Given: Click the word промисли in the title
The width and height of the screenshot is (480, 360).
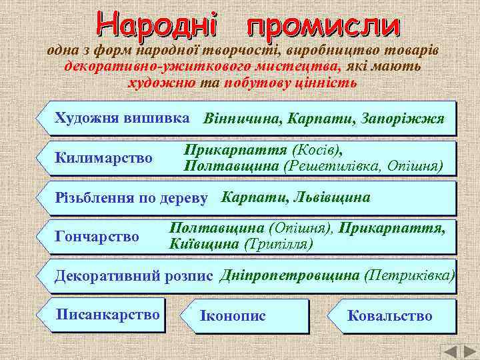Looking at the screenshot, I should click(x=323, y=25).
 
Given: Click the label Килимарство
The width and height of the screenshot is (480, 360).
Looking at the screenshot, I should click(x=104, y=159).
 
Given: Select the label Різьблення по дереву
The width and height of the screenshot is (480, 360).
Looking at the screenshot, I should click(x=131, y=198).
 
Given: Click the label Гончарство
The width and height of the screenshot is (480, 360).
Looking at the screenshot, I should click(x=97, y=237).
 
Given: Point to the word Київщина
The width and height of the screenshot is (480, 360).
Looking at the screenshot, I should click(x=205, y=244).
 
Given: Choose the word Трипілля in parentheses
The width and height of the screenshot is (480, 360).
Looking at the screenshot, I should click(x=279, y=244).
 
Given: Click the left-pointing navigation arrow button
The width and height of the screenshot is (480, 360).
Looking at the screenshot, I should click(x=451, y=351).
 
